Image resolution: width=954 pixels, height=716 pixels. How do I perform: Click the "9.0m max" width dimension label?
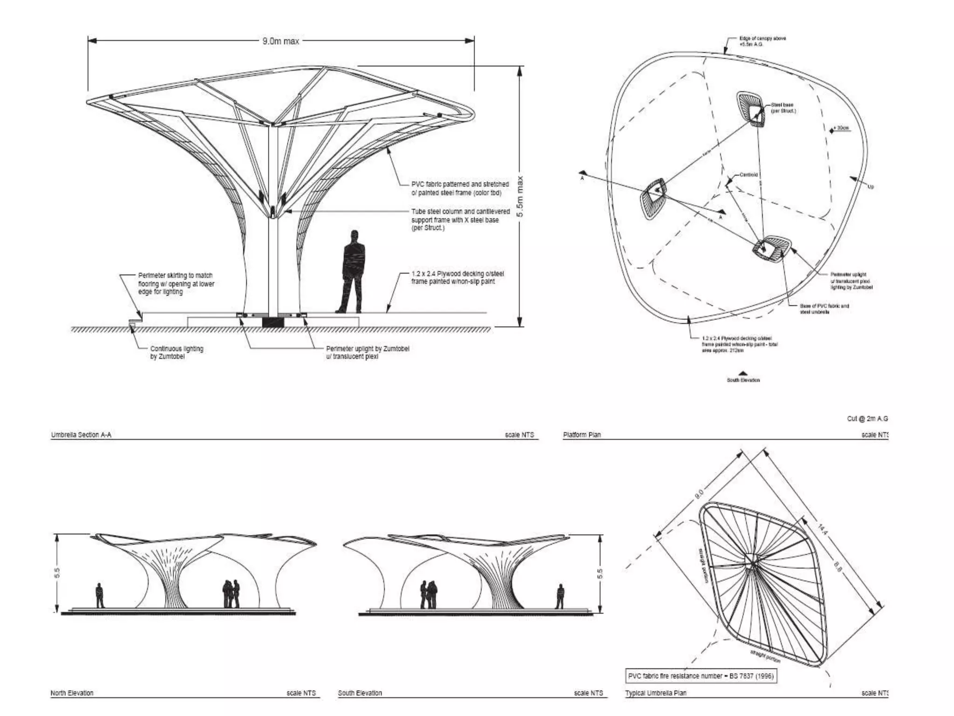[280, 41]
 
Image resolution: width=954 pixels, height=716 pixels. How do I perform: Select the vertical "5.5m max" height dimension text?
[520, 196]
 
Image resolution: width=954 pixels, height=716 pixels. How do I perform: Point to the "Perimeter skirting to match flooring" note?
[176, 283]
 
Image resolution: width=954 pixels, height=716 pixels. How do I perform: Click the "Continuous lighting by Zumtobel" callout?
[177, 352]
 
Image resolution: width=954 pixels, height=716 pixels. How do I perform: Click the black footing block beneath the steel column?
[273, 322]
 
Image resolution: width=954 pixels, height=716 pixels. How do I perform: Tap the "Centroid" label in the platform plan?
[749, 175]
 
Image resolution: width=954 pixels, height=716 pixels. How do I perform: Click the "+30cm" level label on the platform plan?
[843, 128]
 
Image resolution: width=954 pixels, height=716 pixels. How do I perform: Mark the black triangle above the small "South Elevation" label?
[743, 373]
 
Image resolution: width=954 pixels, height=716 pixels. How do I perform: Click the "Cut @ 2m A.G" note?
[867, 419]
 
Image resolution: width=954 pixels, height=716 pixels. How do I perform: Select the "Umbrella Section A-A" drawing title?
[81, 435]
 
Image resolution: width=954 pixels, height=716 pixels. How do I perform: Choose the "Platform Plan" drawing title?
[582, 435]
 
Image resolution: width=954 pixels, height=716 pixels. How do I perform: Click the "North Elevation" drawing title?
[72, 693]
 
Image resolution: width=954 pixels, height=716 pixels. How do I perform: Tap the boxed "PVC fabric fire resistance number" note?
[701, 676]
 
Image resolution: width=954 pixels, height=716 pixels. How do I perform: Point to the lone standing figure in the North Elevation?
[99, 595]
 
